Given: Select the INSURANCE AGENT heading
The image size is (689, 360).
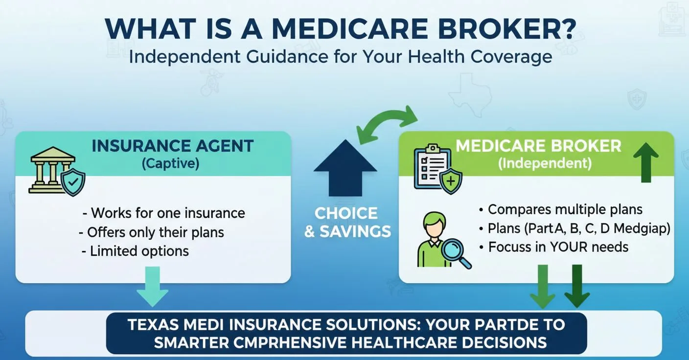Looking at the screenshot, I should click(173, 146).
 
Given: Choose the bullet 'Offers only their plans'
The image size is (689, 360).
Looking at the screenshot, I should click(152, 232).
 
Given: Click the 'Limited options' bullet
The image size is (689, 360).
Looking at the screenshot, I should click(135, 251).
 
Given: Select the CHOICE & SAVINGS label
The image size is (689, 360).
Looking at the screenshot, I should click(347, 223).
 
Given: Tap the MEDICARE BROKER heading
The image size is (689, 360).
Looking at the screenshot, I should click(538, 146).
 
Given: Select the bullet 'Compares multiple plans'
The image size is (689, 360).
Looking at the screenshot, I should click(565, 210).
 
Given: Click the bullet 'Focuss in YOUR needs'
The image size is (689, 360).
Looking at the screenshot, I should click(558, 247).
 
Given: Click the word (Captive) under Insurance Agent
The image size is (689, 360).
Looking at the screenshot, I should click(170, 163).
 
